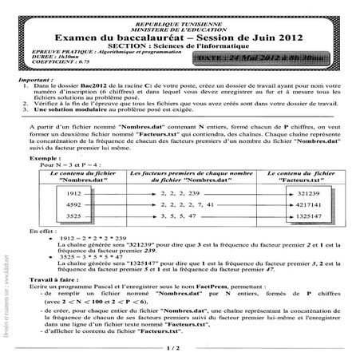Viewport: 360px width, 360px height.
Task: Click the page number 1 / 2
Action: [x=175, y=348]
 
